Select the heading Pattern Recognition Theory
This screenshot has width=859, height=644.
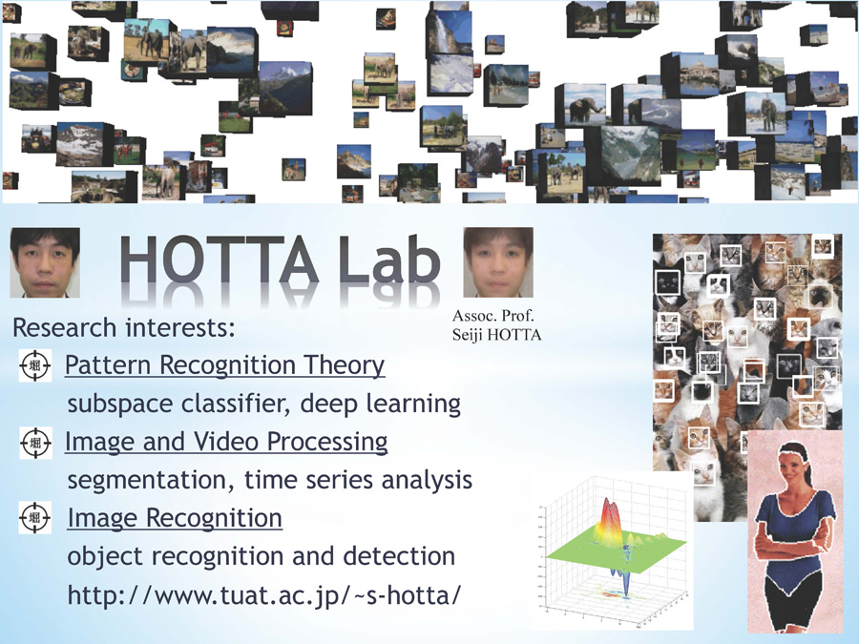pyautogui.click(x=224, y=365)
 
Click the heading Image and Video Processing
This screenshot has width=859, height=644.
pyautogui.click(x=226, y=442)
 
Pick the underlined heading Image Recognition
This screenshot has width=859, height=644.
pyautogui.click(x=175, y=518)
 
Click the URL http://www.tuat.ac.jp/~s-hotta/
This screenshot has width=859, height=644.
pyautogui.click(x=264, y=595)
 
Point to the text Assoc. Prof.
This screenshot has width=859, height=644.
pyautogui.click(x=493, y=316)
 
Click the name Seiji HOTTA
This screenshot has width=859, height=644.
pyautogui.click(x=496, y=335)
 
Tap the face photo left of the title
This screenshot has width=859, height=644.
pyautogui.click(x=45, y=263)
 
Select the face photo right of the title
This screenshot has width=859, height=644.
pyautogui.click(x=498, y=262)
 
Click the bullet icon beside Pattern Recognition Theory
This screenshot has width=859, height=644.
pyautogui.click(x=35, y=365)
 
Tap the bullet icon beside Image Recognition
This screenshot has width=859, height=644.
pyautogui.click(x=35, y=517)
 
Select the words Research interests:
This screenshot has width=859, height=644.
pyautogui.click(x=124, y=327)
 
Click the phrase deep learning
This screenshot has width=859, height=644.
pyautogui.click(x=380, y=404)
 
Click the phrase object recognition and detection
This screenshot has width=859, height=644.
pyautogui.click(x=262, y=556)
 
